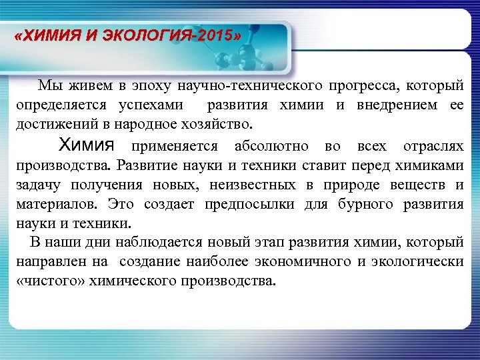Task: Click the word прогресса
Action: (358, 85)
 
